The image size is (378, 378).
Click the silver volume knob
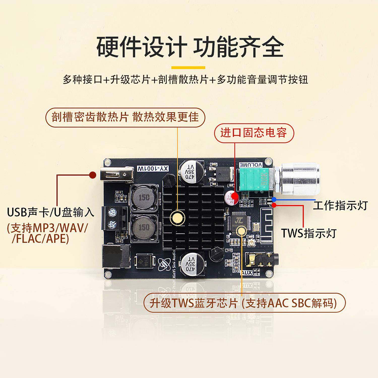click(300, 179)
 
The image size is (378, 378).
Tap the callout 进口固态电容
click(254, 133)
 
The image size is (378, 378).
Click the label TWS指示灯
click(308, 233)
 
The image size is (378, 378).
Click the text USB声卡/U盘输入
click(50, 212)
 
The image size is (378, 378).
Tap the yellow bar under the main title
click(188, 68)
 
